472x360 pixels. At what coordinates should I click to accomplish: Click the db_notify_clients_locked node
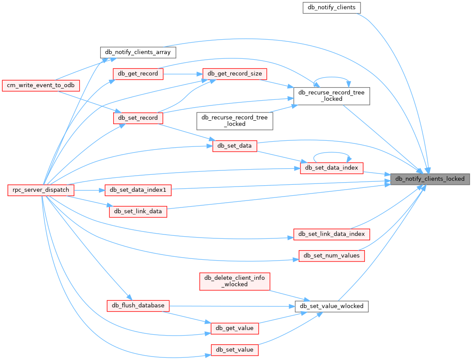click(430, 179)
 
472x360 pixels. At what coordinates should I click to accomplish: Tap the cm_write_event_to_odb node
click(41, 85)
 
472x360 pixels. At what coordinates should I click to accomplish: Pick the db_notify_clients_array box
click(138, 52)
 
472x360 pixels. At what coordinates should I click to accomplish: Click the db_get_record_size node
click(235, 74)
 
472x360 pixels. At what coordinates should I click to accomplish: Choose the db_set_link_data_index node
click(332, 234)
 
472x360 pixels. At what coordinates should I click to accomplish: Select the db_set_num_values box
click(331, 255)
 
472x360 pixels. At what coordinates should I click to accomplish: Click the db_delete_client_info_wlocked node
click(235, 281)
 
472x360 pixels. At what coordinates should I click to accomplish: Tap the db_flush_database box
click(138, 306)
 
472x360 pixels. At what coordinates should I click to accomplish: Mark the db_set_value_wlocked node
click(332, 306)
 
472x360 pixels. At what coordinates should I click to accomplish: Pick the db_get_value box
click(235, 328)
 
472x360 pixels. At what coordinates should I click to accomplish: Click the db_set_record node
click(138, 118)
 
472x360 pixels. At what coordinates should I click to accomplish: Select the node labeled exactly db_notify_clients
click(332, 7)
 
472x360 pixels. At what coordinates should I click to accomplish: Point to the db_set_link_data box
click(138, 211)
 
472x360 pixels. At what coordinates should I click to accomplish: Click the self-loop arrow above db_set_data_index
click(332, 153)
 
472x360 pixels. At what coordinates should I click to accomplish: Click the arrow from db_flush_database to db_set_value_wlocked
click(231, 306)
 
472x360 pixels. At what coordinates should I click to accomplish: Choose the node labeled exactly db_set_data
click(235, 146)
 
